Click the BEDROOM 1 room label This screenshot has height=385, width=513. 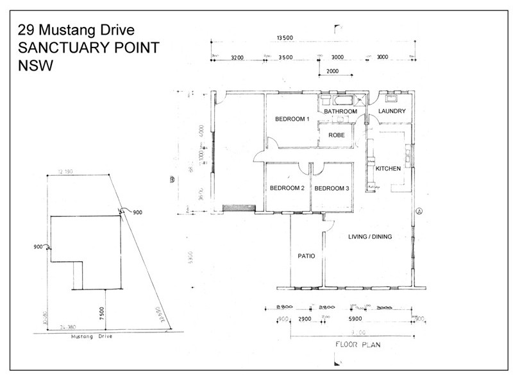click(292, 119)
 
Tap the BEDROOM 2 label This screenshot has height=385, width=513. click(287, 188)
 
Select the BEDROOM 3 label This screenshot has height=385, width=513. click(332, 188)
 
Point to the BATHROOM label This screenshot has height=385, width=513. click(340, 112)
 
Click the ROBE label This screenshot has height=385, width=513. click(337, 135)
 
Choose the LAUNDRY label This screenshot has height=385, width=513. click(392, 112)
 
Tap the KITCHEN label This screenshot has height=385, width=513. click(388, 169)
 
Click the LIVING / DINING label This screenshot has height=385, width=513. click(370, 237)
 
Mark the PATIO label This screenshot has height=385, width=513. click(306, 256)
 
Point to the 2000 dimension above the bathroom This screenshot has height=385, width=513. click(333, 71)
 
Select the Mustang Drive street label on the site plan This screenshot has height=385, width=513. click(94, 336)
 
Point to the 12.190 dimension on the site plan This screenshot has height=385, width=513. click(65, 172)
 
